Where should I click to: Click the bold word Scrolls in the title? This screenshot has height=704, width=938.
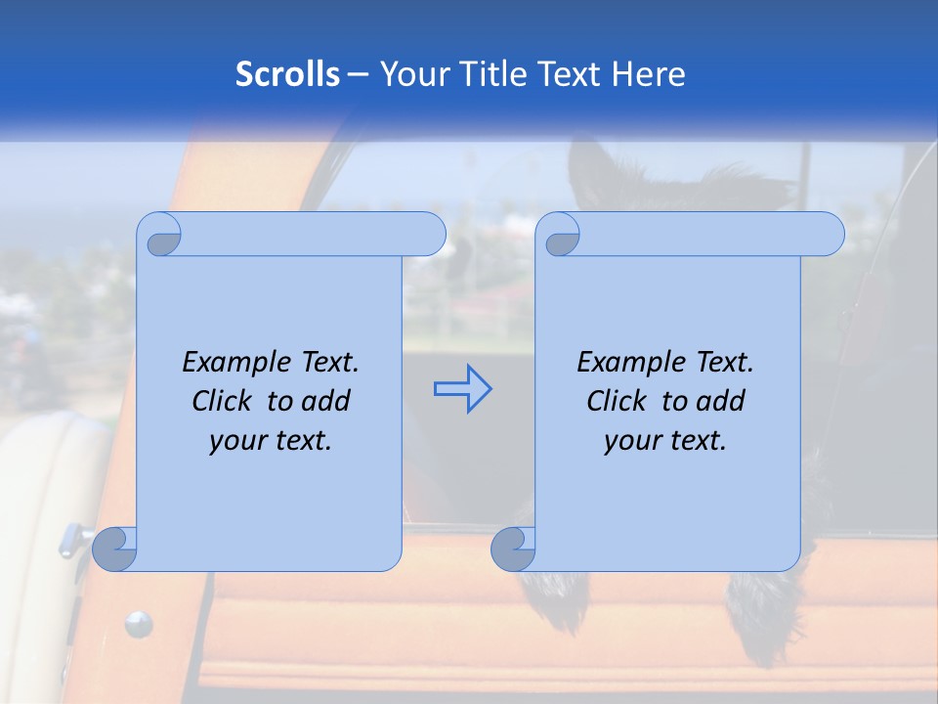pyautogui.click(x=287, y=74)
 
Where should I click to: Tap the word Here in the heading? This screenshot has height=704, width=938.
pyautogui.click(x=649, y=74)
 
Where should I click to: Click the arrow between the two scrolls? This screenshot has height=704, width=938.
pyautogui.click(x=462, y=389)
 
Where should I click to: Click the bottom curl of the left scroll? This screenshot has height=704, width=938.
pyautogui.click(x=114, y=549)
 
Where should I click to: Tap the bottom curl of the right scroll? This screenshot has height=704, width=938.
pyautogui.click(x=513, y=549)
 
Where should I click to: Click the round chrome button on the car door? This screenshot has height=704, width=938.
pyautogui.click(x=139, y=623)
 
